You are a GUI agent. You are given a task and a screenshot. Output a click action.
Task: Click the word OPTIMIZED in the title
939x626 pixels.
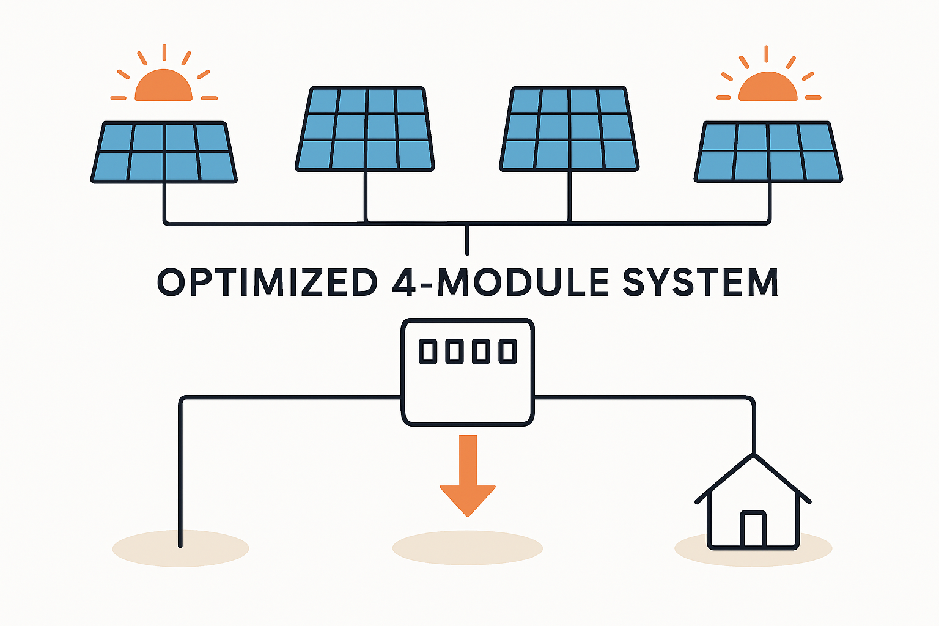coord(268,282)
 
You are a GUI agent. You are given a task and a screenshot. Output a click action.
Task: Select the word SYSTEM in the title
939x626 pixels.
coord(700,282)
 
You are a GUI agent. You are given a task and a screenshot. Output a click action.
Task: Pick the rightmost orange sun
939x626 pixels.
coord(768,87)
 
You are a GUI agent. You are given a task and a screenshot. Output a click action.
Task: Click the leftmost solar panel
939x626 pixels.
coord(164,152)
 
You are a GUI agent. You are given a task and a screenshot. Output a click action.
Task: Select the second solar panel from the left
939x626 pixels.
coord(366,128)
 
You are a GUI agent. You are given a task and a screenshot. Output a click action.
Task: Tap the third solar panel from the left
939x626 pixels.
coord(569,128)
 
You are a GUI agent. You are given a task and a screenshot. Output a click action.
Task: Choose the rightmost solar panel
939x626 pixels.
coord(768,152)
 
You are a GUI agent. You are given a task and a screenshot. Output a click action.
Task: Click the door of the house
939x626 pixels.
coord(753,529)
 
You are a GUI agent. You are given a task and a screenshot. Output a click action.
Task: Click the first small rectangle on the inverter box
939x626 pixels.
coord(427,352)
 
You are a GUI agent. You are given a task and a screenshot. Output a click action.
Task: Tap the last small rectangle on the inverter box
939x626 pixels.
coord(507,352)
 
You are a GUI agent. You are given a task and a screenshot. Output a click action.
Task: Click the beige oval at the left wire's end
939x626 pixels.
coord(180,549)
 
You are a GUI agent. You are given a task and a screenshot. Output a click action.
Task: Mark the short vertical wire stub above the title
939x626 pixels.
coord(467,240)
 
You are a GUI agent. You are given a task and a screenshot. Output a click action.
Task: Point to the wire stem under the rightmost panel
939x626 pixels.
coord(769,202)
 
